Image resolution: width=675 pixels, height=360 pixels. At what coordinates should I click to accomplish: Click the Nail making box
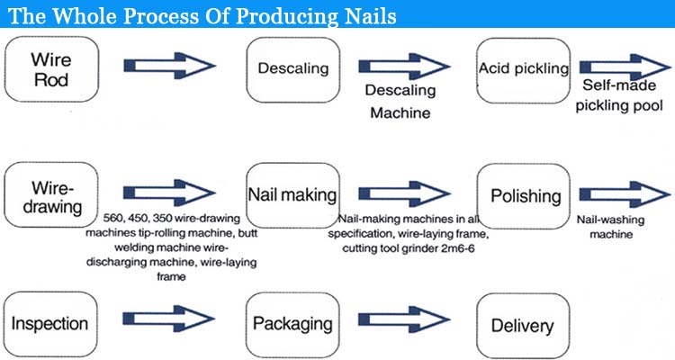[x=292, y=194]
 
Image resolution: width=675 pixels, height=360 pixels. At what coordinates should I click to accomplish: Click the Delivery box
[x=522, y=326]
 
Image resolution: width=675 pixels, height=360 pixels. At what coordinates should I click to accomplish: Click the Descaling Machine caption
[x=400, y=102]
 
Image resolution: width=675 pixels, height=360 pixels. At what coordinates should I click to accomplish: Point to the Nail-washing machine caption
[x=610, y=226]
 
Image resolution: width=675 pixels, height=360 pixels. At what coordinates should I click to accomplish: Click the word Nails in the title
[x=362, y=17]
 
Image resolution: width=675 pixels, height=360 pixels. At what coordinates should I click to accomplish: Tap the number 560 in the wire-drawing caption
[x=114, y=219]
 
